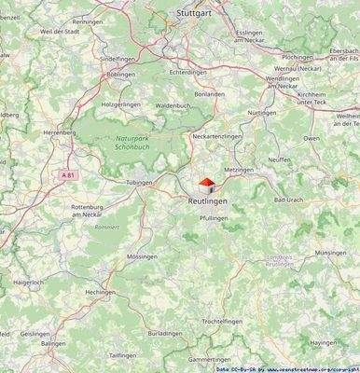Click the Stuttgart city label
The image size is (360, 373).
tap(195, 14)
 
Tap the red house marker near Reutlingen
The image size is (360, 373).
tap(207, 184)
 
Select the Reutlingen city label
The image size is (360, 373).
tap(207, 201)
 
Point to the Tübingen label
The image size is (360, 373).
tap(138, 183)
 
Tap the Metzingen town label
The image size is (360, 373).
tap(239, 171)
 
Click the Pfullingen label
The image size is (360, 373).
tap(214, 217)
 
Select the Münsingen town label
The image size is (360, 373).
tap(331, 253)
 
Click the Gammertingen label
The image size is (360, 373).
tap(208, 359)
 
